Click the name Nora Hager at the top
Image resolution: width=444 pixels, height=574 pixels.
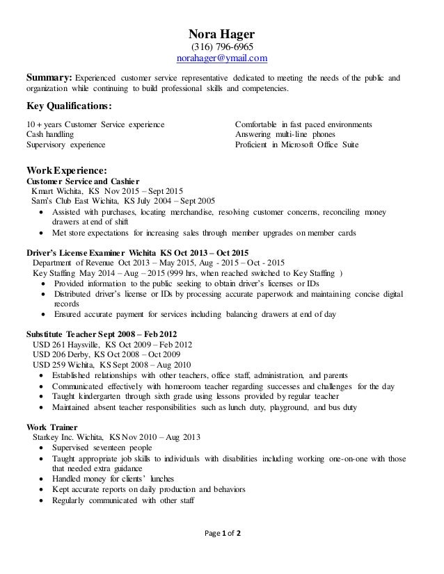[222, 33]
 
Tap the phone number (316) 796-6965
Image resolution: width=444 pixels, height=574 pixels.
[222, 47]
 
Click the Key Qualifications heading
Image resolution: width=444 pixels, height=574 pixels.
[68, 106]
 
